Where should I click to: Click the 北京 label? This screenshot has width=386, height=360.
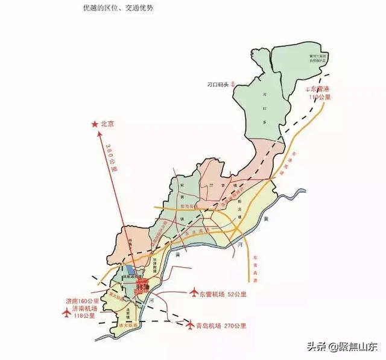point(107,124)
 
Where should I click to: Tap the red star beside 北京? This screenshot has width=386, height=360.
point(94,124)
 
